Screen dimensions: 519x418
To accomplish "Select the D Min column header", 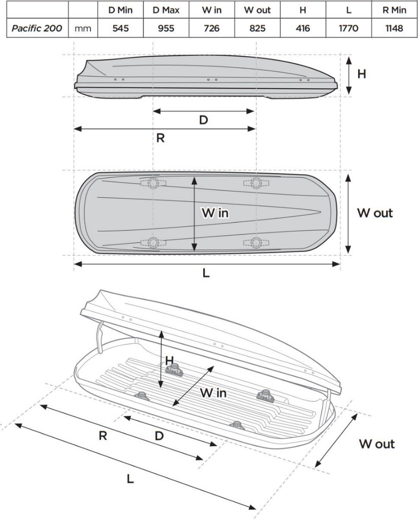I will coord(121,10).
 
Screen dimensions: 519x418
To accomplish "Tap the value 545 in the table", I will coord(121,29).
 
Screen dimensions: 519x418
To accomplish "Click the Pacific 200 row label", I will coord(37,29).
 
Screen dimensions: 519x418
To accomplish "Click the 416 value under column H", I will coord(303,29).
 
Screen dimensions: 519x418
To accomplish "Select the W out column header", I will coord(257,10).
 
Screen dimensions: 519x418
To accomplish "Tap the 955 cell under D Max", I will coord(166,29).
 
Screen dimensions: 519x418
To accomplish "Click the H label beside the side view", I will coord(362,74).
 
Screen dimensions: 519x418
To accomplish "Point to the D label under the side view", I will coord(203,120).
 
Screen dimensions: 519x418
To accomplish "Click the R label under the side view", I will coord(160,139).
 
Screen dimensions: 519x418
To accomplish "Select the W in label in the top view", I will coord(215,213).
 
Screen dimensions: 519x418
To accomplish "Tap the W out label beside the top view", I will coord(375,213).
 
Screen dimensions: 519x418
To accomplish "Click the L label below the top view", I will coord(206,273).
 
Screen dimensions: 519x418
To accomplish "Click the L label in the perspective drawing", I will coord(130,479).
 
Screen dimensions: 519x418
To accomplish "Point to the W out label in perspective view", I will coord(377,444).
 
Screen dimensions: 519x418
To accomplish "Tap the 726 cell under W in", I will coord(211,29).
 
